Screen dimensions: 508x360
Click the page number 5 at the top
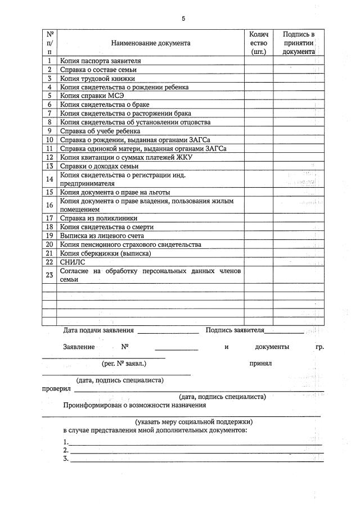(x=183, y=19)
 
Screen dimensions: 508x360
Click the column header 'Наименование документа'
(x=150, y=43)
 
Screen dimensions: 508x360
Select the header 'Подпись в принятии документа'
(x=298, y=43)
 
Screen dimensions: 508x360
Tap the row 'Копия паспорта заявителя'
(x=100, y=61)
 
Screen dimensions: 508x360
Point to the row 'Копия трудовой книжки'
(x=97, y=79)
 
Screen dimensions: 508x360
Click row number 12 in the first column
(x=49, y=157)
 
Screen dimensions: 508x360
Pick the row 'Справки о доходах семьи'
(x=100, y=166)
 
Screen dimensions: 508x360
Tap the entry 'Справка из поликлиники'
(x=99, y=218)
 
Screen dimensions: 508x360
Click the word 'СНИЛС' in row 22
(x=71, y=262)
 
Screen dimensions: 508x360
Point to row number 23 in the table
(x=49, y=275)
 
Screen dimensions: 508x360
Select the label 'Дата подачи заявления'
(x=98, y=330)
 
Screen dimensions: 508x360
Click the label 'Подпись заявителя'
(x=235, y=330)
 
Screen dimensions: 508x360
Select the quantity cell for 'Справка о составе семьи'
(x=258, y=70)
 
